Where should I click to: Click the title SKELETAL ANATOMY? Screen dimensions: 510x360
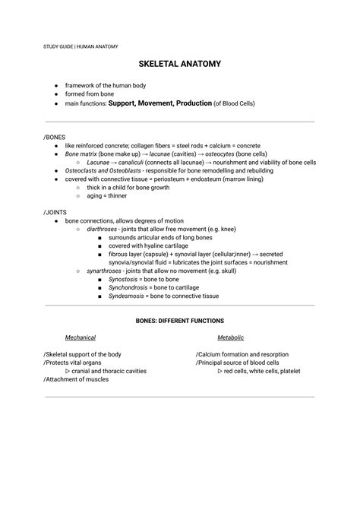click(180, 64)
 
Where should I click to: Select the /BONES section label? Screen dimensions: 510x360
click(55, 137)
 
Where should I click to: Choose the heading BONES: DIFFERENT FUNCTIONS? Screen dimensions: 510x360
click(179, 322)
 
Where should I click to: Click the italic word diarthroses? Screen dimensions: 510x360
click(103, 229)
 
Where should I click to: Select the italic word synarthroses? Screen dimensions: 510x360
click(103, 271)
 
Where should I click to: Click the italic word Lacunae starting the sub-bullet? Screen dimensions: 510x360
click(99, 162)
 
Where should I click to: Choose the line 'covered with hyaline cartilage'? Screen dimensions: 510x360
click(151, 245)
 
